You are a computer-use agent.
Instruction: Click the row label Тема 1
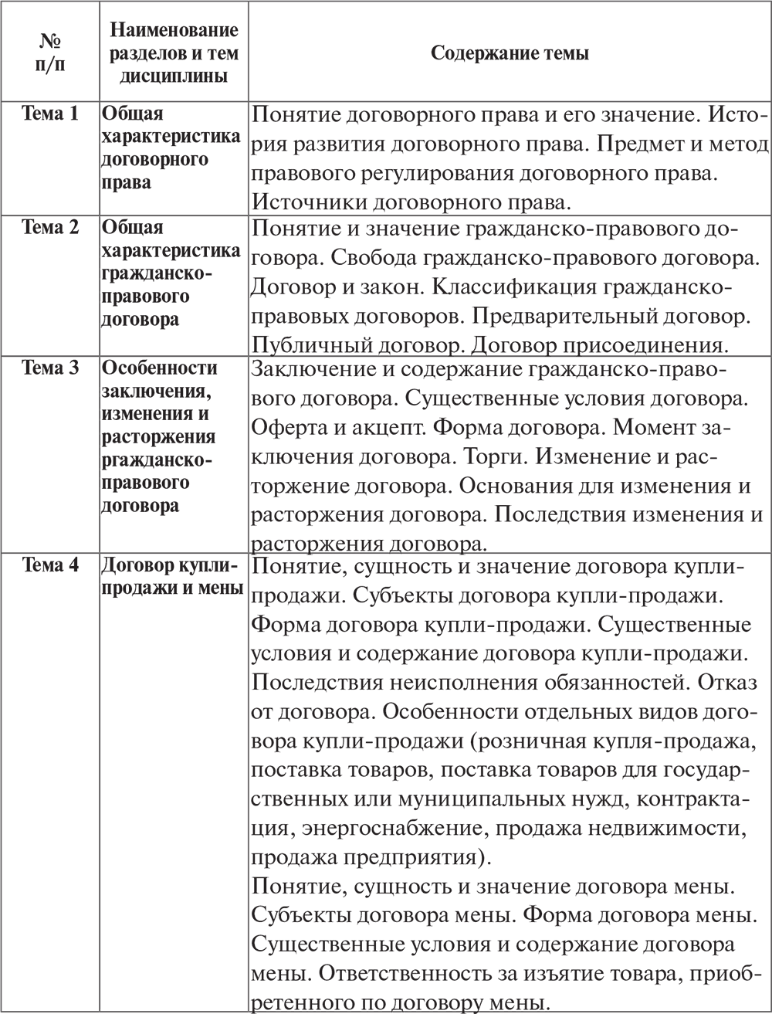pyautogui.click(x=50, y=114)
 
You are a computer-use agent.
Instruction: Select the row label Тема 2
pyautogui.click(x=50, y=228)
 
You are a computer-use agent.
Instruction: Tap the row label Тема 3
pyautogui.click(x=50, y=368)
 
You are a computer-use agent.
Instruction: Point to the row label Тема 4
pyautogui.click(x=50, y=565)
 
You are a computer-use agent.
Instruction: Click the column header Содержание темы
pyautogui.click(x=510, y=53)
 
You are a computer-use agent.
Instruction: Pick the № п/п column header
pyautogui.click(x=50, y=53)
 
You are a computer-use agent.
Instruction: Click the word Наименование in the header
pyautogui.click(x=174, y=30)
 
